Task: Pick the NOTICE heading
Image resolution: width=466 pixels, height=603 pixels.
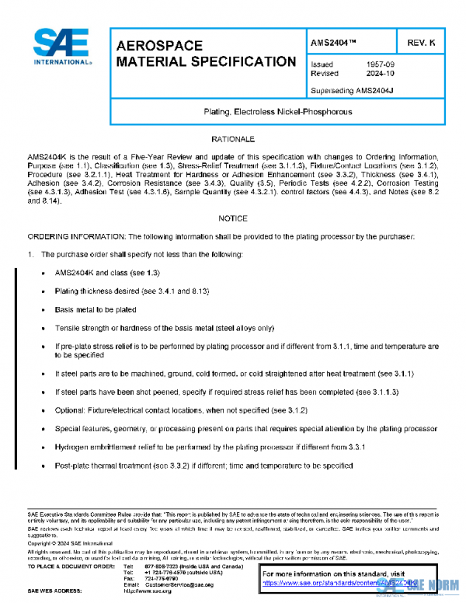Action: pos(233,219)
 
